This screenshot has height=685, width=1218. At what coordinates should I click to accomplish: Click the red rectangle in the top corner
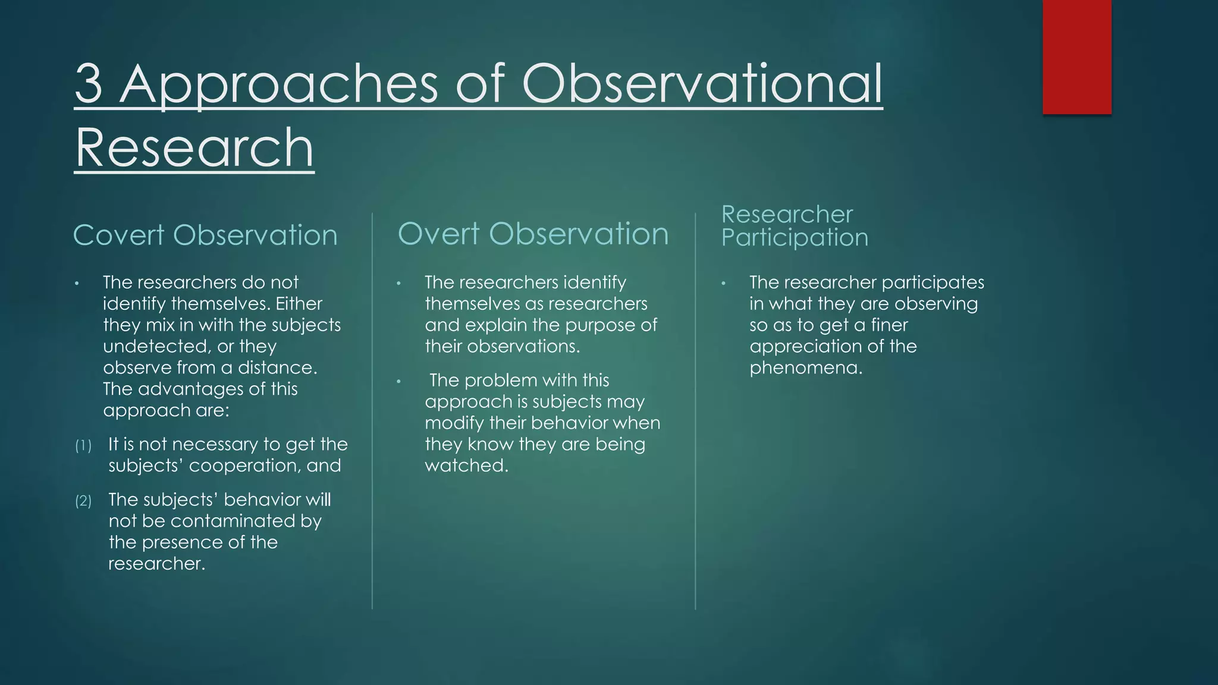click(x=1076, y=57)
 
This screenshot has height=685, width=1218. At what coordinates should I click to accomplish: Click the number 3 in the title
click(x=89, y=84)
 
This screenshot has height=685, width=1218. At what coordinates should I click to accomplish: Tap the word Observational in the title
click(x=702, y=84)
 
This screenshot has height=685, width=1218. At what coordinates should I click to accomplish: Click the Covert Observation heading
click(x=205, y=235)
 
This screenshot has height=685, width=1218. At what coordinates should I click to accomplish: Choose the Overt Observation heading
click(x=533, y=233)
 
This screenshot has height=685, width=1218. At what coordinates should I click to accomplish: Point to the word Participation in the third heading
click(x=795, y=237)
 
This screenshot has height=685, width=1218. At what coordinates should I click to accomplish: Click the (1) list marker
click(x=83, y=446)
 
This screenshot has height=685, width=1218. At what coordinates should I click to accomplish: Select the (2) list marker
click(x=83, y=501)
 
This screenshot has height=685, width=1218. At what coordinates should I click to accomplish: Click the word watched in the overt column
click(x=466, y=466)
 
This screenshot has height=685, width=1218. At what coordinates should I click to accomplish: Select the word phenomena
click(x=805, y=368)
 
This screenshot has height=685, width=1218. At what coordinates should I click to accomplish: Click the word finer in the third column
click(x=889, y=325)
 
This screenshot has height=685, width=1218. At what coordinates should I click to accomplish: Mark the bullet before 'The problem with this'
click(x=400, y=381)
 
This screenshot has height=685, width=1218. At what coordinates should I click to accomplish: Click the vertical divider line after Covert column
click(x=372, y=410)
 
